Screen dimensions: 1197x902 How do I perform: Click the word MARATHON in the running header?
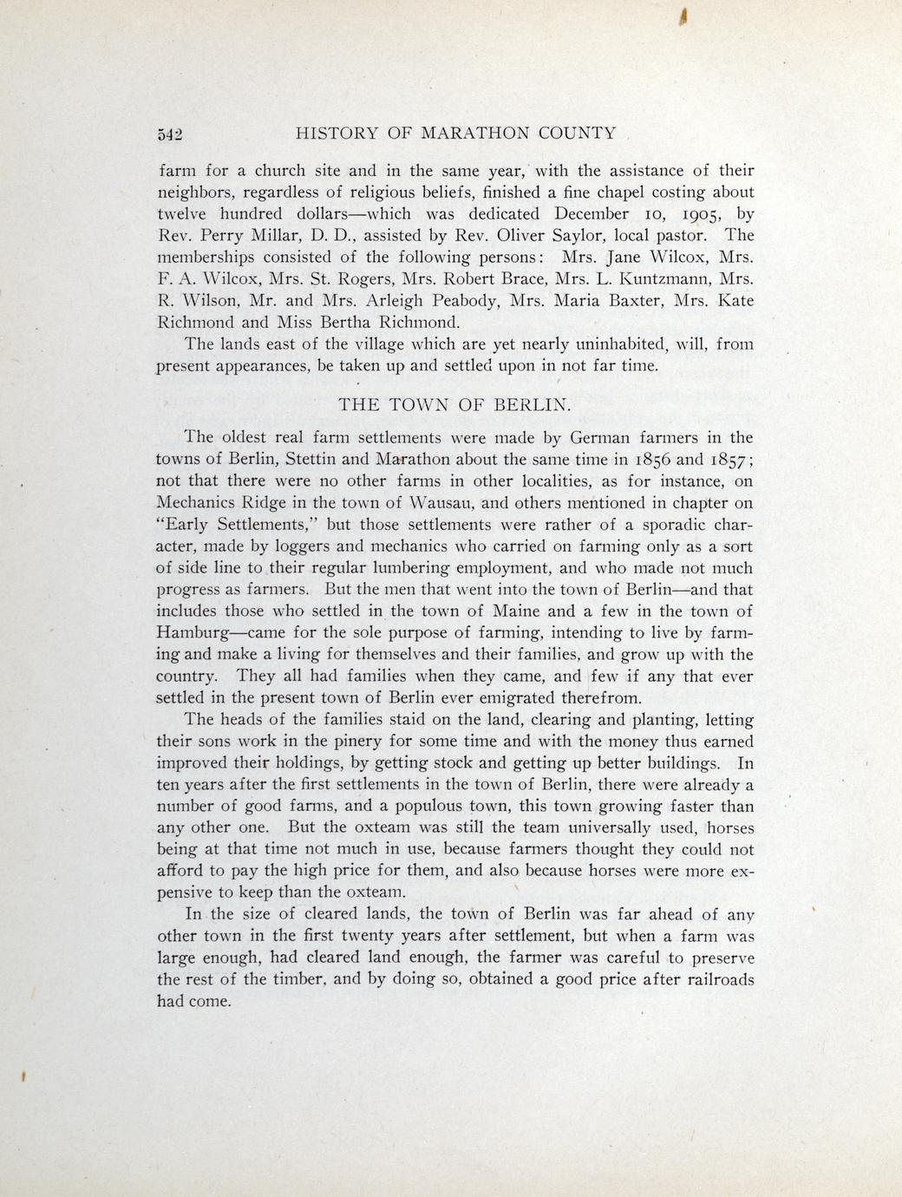point(471,134)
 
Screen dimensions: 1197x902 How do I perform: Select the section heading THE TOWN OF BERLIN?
point(454,404)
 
